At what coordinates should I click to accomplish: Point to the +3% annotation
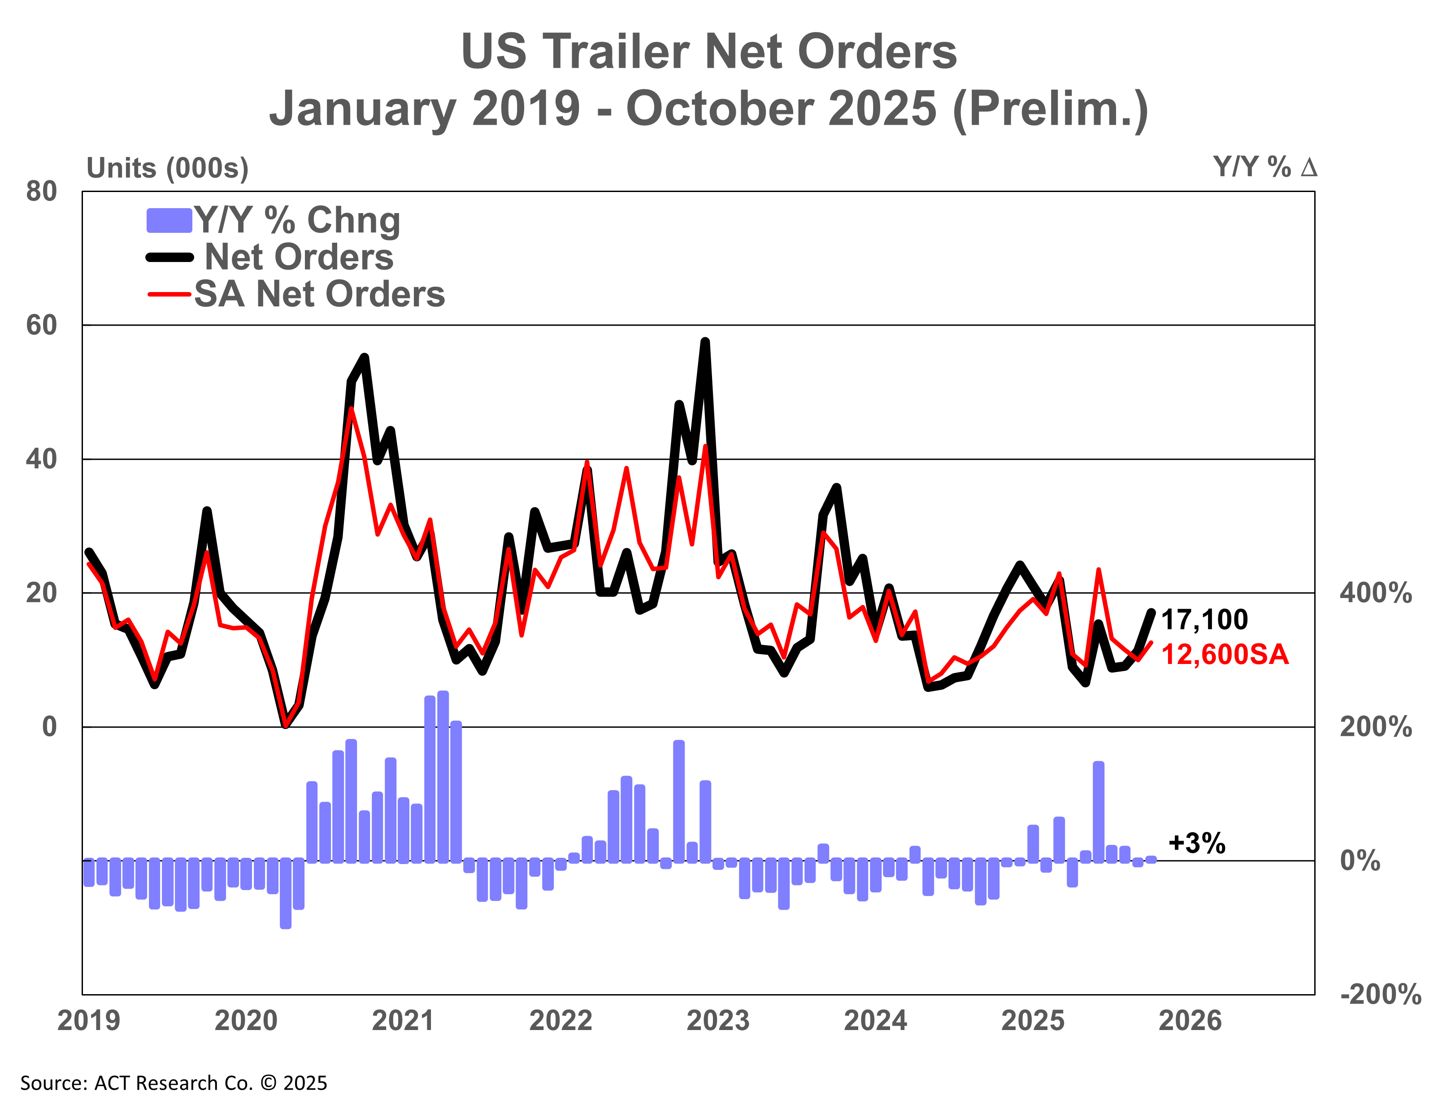[1196, 843]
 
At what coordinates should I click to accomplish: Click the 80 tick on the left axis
[42, 192]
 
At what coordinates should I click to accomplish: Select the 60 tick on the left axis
[42, 325]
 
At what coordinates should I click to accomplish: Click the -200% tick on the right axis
[1381, 994]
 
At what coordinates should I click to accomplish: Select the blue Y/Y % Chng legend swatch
[169, 220]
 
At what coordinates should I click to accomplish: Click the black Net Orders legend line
[169, 258]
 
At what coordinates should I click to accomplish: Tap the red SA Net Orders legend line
[169, 294]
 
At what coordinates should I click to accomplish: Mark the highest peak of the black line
[705, 342]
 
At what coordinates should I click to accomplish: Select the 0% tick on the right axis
[1360, 861]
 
